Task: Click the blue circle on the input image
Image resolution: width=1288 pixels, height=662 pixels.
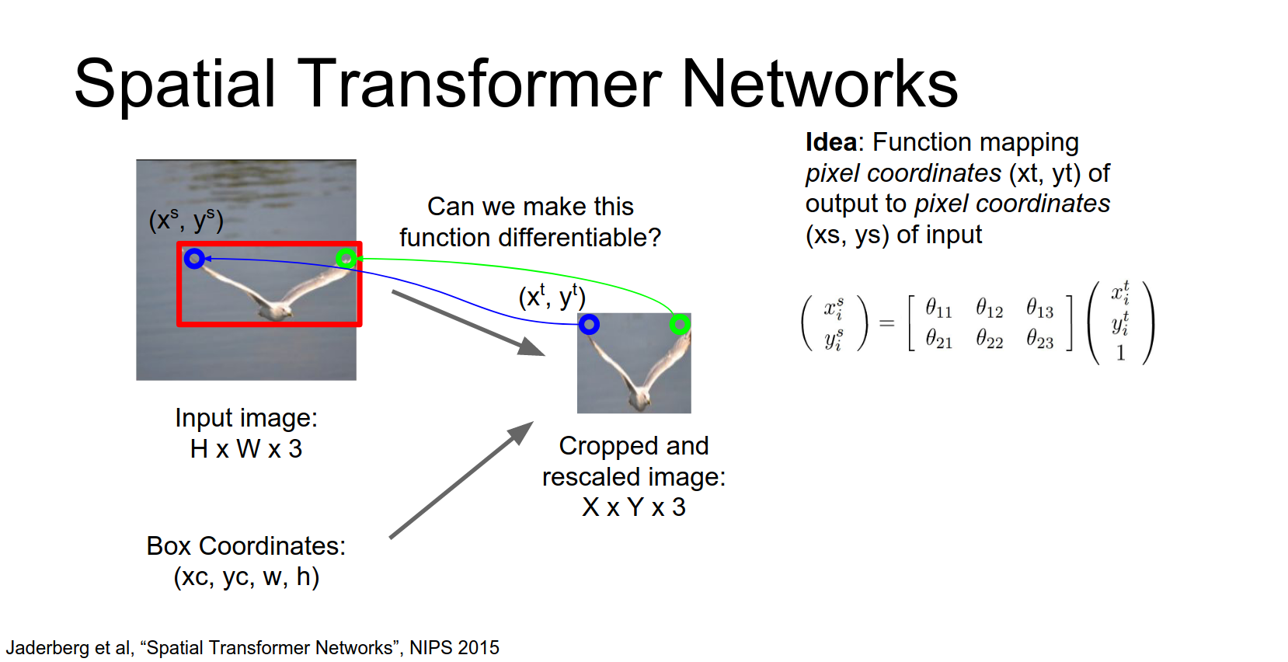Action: tap(194, 258)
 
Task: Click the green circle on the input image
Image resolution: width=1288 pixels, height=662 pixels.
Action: tap(346, 258)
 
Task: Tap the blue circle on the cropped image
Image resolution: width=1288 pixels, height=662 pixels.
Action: tap(589, 324)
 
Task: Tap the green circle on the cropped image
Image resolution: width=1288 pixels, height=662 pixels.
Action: tap(680, 324)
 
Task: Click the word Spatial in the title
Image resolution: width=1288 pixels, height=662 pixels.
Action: tap(175, 84)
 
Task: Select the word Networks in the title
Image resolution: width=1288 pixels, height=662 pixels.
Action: tap(820, 84)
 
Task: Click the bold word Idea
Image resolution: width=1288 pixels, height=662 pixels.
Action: tap(830, 142)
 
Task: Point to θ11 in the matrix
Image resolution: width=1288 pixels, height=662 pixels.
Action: tap(938, 308)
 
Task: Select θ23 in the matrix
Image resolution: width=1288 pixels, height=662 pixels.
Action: tap(1039, 340)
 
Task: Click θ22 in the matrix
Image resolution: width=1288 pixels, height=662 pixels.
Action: tap(989, 340)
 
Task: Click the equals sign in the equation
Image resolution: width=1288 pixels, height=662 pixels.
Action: tap(886, 323)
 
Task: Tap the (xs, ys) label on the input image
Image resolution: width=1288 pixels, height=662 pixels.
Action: tap(186, 221)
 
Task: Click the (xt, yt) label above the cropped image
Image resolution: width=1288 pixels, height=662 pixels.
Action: tap(552, 297)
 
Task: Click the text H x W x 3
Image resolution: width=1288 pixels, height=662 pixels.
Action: tap(245, 449)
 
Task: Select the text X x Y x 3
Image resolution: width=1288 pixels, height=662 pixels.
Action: tap(634, 507)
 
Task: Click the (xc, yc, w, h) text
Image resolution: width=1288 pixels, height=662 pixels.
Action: tap(246, 577)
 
